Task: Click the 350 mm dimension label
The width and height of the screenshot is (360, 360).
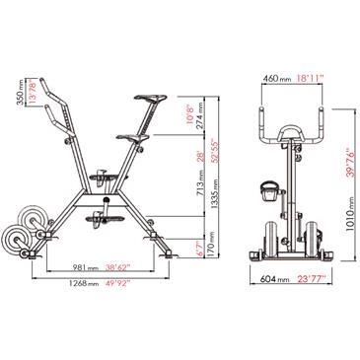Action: [21, 93]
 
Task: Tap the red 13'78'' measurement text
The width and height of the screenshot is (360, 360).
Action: [32, 92]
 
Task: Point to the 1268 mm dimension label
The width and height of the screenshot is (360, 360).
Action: [84, 283]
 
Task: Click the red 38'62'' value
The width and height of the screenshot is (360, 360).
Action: [118, 267]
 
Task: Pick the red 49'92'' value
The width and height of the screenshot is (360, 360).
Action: [118, 282]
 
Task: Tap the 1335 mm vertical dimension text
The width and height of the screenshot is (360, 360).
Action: [214, 194]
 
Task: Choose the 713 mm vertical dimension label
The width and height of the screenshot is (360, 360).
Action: [199, 185]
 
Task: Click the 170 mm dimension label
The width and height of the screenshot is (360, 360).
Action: [211, 245]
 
